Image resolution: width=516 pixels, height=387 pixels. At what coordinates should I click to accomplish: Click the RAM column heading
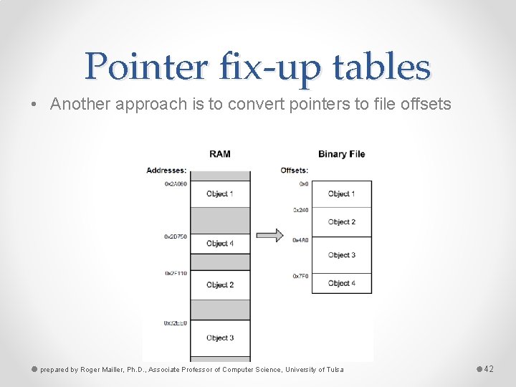[x=219, y=154]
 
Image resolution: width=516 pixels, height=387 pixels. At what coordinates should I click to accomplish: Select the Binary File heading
[x=341, y=154]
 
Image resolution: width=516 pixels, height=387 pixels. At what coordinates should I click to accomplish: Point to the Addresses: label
[x=166, y=171]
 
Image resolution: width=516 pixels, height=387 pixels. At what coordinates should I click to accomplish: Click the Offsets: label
[x=294, y=171]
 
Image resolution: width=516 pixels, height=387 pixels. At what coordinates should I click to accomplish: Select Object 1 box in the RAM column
[x=220, y=193]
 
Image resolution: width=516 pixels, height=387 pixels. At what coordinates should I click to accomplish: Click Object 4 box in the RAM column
[x=220, y=244]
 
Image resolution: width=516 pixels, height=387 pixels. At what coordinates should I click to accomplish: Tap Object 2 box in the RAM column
[x=220, y=285]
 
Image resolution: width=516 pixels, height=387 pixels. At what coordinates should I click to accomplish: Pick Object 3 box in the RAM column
[x=220, y=338]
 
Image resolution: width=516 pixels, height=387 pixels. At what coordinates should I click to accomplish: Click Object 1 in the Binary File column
[x=341, y=193]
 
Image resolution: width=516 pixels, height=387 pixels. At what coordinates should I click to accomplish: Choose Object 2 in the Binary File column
[x=341, y=222]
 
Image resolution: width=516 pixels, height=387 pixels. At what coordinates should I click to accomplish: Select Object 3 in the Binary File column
[x=341, y=255]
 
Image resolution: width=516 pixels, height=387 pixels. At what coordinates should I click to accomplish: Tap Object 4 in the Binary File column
[x=341, y=283]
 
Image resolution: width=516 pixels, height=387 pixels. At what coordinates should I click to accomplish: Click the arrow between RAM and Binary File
[x=269, y=235]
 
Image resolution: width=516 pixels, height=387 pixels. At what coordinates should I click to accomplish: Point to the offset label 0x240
[x=300, y=210]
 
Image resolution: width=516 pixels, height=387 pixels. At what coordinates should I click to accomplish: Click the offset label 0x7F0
[x=300, y=276]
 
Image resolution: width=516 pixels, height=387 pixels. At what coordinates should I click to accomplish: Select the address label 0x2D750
[x=176, y=236]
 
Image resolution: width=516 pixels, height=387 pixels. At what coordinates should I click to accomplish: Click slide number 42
[x=489, y=369]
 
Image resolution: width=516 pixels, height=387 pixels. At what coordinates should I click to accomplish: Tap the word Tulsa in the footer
[x=335, y=370]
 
